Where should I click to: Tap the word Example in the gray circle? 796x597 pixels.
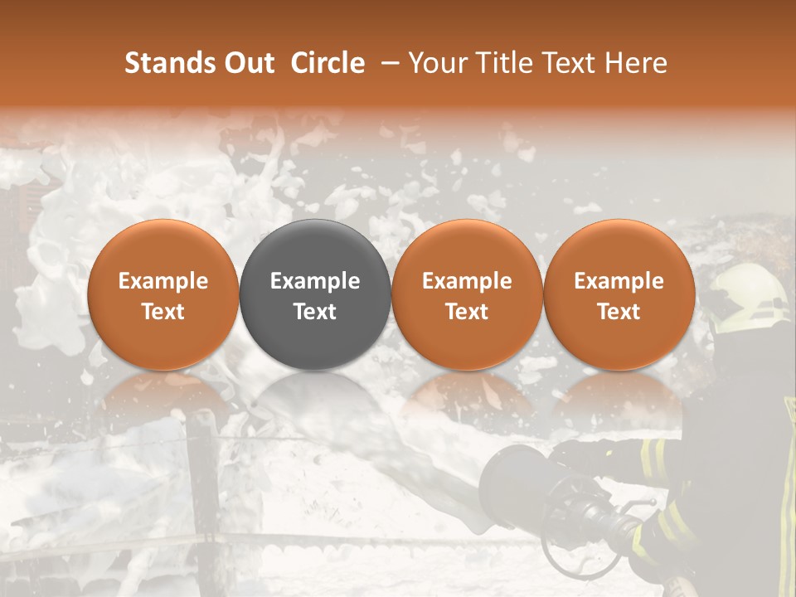(315, 281)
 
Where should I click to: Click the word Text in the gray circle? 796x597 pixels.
(315, 312)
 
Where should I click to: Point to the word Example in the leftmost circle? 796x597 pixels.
(163, 281)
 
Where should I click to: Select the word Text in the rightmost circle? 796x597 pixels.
(619, 312)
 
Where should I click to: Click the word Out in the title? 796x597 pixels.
(249, 63)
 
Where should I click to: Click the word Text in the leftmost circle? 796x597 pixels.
(163, 312)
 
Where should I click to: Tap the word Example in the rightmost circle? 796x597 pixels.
(619, 281)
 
